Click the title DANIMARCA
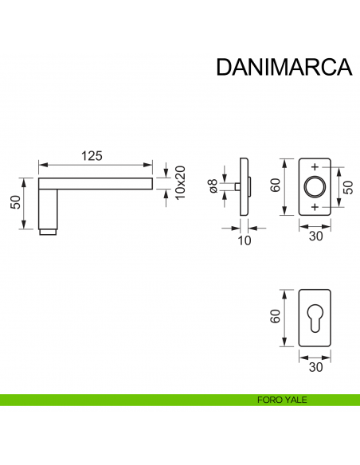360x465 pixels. pos(284,67)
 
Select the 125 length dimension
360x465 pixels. pos(94,156)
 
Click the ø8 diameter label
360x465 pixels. pos(213,186)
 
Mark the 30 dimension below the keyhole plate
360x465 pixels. pos(315,368)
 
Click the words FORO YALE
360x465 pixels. pos(277,400)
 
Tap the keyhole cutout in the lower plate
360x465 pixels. pos(315,315)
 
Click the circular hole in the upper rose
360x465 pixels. pos(315,187)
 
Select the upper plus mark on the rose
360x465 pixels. pos(315,167)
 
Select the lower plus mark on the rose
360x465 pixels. pos(315,207)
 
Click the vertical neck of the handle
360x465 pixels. pos(48,207)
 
